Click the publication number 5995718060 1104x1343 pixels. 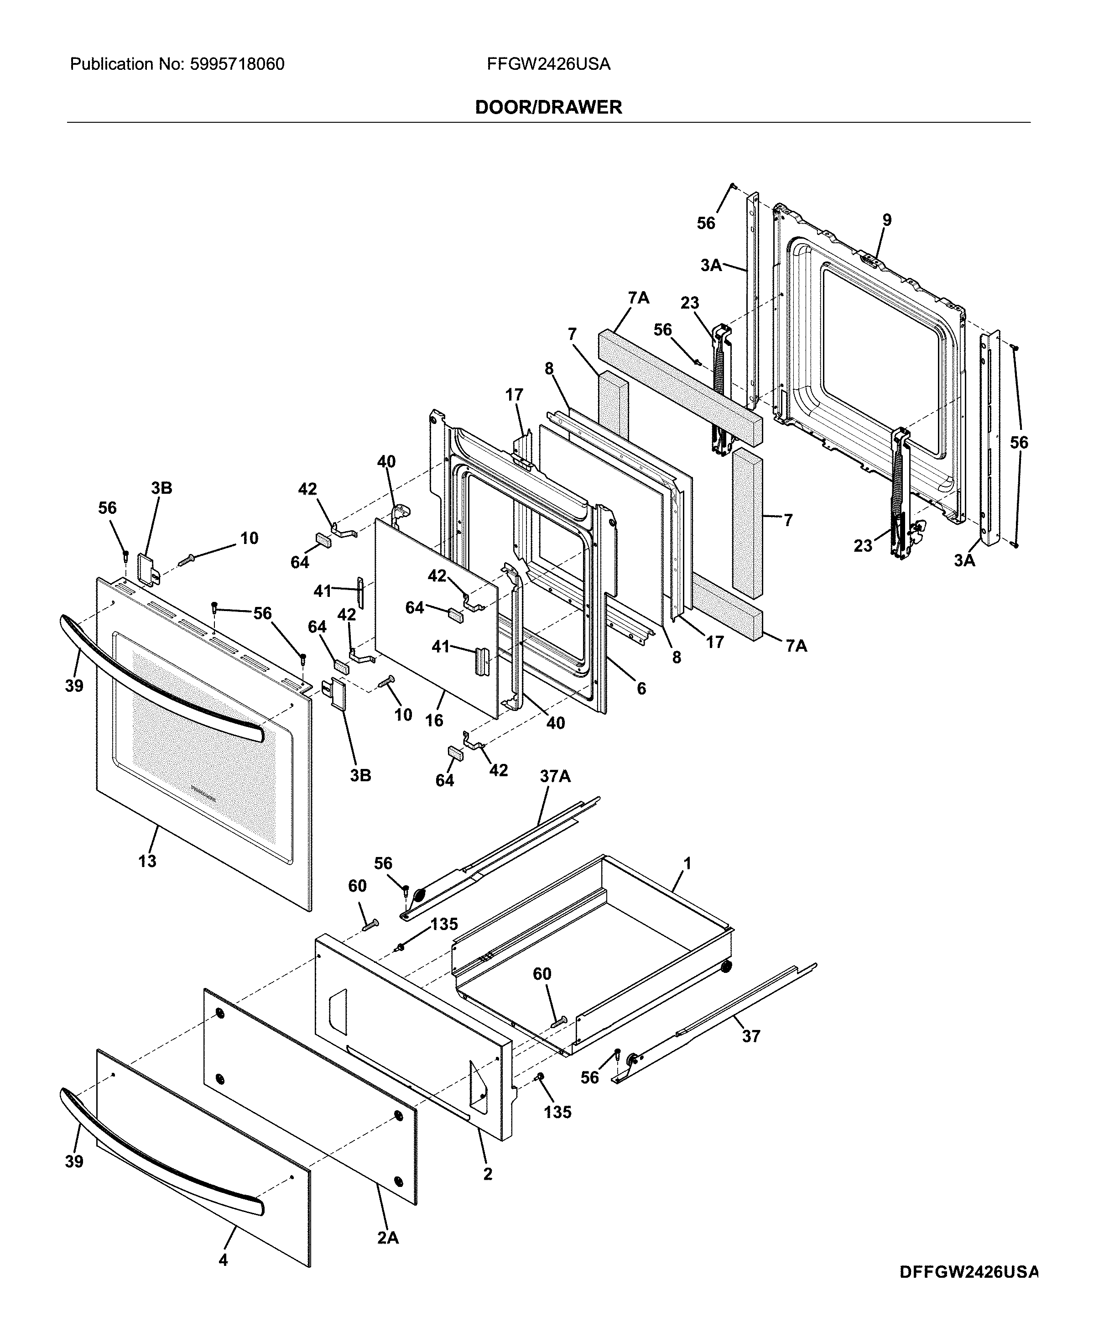pos(237,64)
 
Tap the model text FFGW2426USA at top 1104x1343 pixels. pos(548,64)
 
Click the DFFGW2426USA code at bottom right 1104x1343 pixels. pos(969,1272)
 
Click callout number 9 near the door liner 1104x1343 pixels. pos(886,220)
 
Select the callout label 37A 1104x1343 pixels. pos(555,776)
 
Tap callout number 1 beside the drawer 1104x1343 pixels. pos(687,863)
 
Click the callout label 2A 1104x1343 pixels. pos(387,1238)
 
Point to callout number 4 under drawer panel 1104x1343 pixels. pos(223,1259)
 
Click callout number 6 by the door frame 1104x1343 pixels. pos(641,688)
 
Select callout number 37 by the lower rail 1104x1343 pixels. pos(751,1036)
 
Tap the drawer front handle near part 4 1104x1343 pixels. pos(159,1155)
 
